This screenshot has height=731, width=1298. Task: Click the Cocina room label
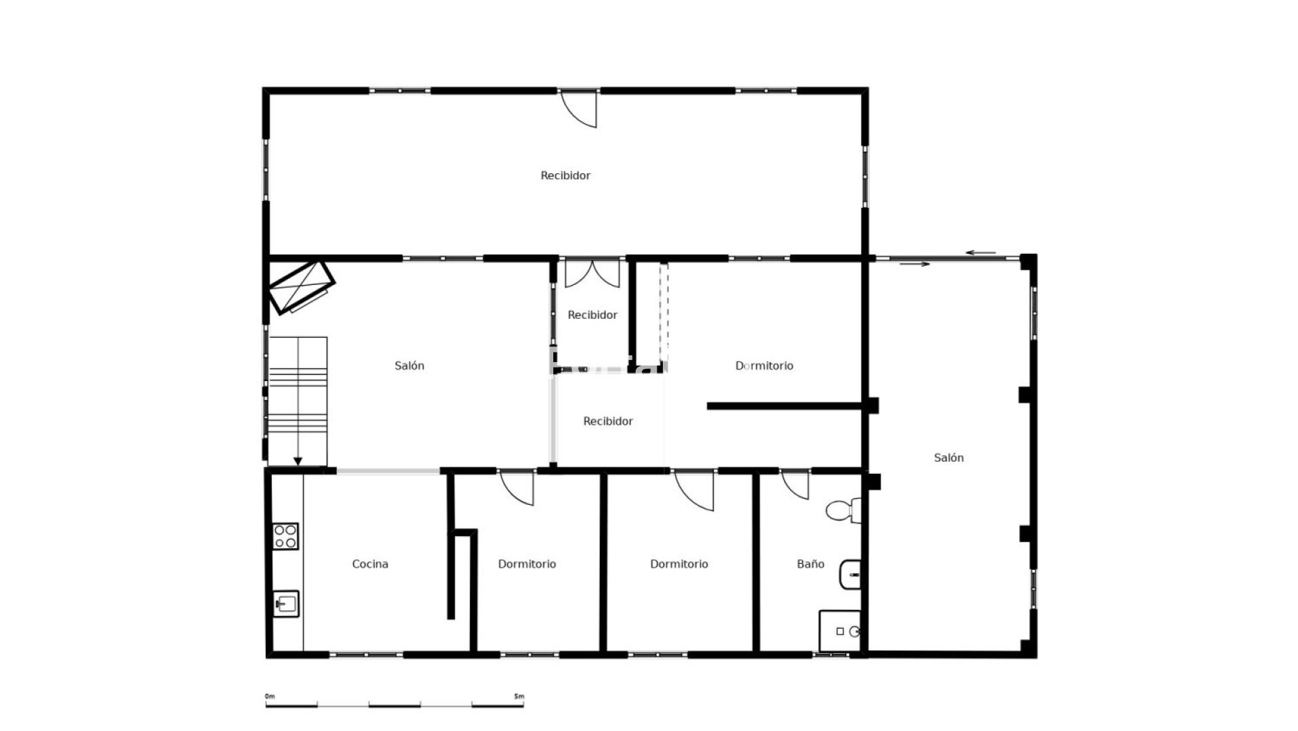[x=370, y=564]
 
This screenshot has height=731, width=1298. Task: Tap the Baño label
[x=810, y=564]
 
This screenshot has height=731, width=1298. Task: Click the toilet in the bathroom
[x=843, y=510]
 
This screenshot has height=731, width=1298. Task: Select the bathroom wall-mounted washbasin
[x=850, y=575]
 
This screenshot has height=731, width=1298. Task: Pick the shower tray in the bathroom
[x=840, y=631]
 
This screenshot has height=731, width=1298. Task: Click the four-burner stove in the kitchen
[x=285, y=536]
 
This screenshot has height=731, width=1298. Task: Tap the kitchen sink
[x=286, y=604]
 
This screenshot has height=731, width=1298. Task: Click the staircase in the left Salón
[x=298, y=401]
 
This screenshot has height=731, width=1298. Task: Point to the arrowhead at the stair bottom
[x=298, y=462]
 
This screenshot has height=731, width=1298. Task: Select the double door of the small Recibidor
[x=592, y=274]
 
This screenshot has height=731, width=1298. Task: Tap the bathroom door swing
[x=795, y=485]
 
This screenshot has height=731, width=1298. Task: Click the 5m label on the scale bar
[x=519, y=696]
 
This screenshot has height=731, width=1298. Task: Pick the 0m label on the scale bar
[x=270, y=696]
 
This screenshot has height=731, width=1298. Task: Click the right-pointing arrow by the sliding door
[x=914, y=264]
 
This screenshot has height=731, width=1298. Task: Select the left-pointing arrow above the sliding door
[x=981, y=253]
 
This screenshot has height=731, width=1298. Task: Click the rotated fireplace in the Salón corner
[x=302, y=288]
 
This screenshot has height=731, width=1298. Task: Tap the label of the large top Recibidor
[x=565, y=175]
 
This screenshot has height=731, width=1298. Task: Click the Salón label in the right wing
[x=948, y=458]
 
